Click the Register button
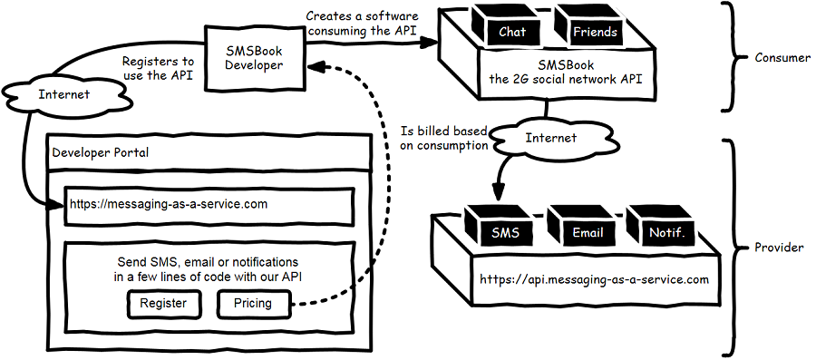[x=163, y=303]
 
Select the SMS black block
[x=505, y=230]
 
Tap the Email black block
[x=588, y=230]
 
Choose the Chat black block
[x=511, y=31]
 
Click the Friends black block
[x=595, y=31]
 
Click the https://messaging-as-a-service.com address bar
[x=209, y=205]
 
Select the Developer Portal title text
[x=101, y=152]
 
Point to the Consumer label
[x=782, y=57]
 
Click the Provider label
[x=781, y=247]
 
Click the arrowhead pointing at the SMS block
[x=496, y=194]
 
